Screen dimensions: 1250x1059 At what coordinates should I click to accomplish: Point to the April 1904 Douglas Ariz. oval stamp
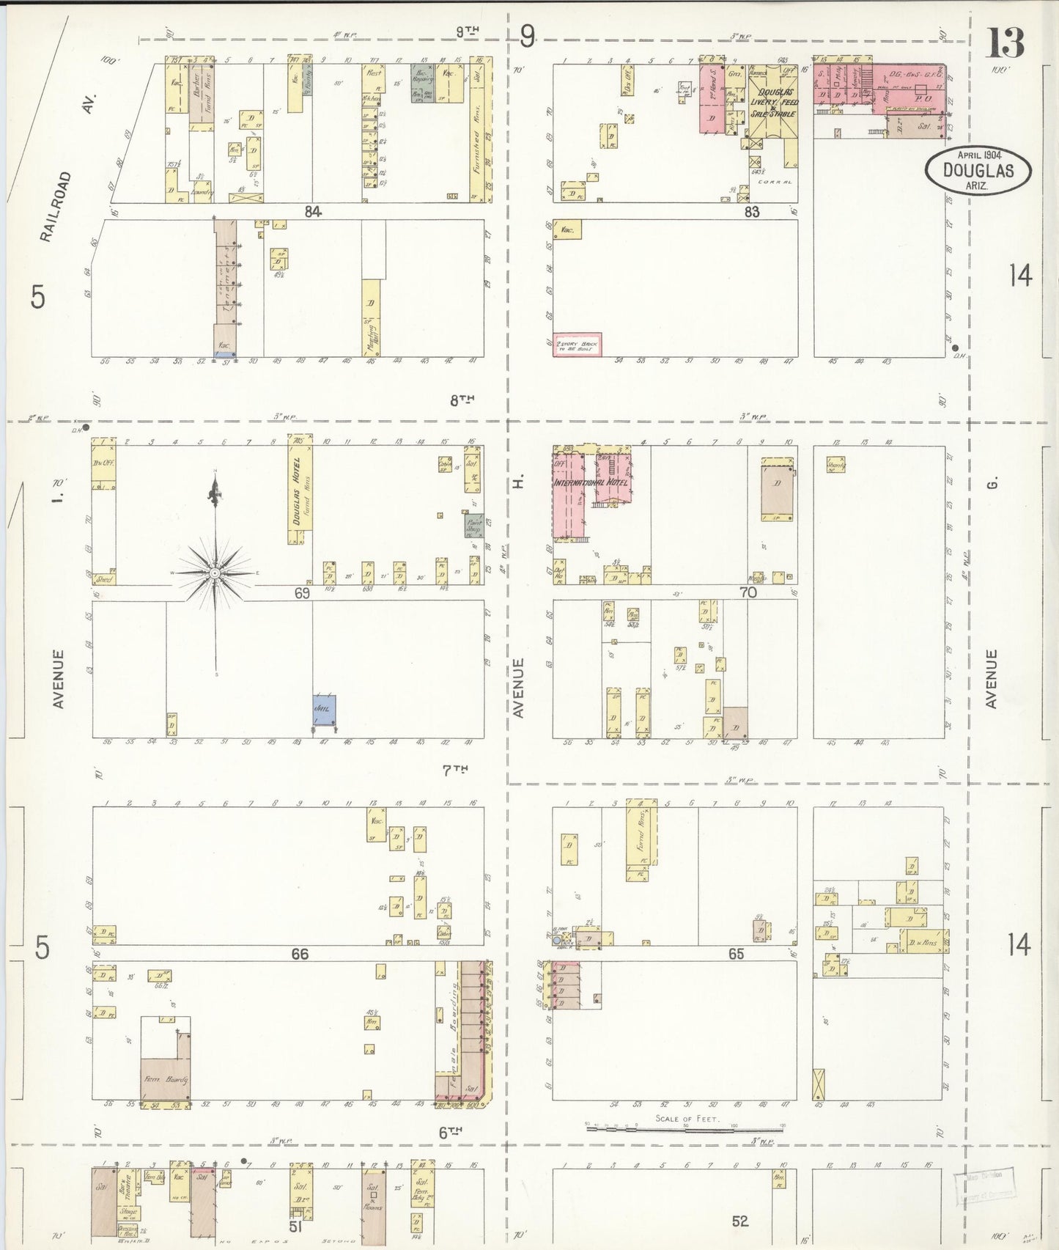click(x=978, y=169)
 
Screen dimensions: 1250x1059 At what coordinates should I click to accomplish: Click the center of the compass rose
click(x=215, y=572)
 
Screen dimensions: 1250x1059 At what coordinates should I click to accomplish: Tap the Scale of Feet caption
click(x=687, y=1119)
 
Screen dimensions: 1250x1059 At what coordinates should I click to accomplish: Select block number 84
click(x=314, y=212)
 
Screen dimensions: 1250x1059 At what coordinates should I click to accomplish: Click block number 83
click(x=751, y=212)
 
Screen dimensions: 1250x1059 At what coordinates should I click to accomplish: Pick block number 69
click(x=302, y=593)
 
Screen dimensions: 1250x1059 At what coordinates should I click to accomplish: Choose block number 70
click(x=748, y=592)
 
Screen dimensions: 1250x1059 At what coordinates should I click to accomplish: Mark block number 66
click(x=300, y=954)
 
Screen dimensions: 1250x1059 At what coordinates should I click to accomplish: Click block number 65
click(x=736, y=954)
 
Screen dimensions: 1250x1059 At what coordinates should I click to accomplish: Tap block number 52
click(x=740, y=1221)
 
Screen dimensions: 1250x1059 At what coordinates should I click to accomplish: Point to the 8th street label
click(x=462, y=400)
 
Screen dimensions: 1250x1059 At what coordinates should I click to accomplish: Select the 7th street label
click(x=454, y=770)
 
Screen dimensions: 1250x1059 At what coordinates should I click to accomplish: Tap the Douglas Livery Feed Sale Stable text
click(x=774, y=103)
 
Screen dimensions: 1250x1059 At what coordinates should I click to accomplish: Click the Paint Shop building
click(x=474, y=525)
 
